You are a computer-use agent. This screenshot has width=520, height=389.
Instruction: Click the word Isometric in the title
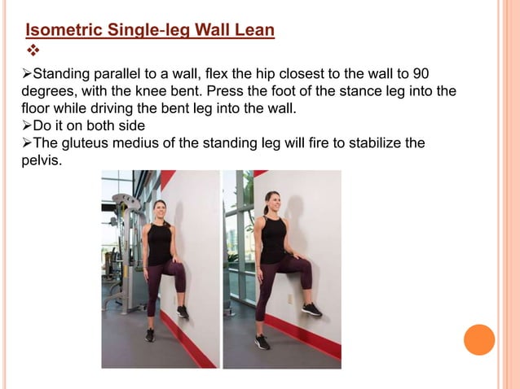(60, 32)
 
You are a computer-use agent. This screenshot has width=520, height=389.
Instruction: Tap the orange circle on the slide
(479, 339)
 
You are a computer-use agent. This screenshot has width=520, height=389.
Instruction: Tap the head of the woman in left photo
(160, 209)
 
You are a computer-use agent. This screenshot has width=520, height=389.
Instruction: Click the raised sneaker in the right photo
(311, 309)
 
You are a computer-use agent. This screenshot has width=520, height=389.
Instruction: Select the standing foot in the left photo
(150, 334)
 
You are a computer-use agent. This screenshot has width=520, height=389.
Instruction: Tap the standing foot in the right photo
(262, 342)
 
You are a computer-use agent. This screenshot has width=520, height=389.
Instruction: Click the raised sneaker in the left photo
(183, 312)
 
